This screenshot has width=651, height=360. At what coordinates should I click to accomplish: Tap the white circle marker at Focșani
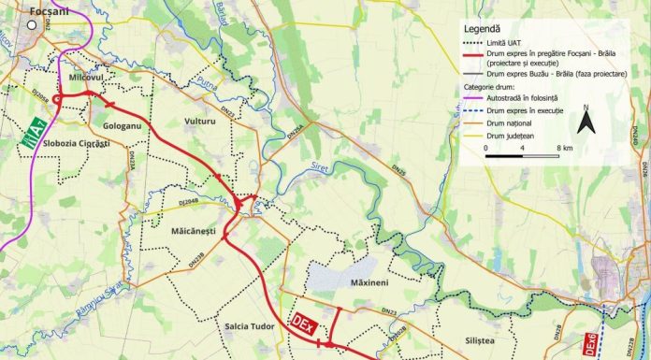(32, 26)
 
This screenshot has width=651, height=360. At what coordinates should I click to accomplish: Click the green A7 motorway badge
(35, 132)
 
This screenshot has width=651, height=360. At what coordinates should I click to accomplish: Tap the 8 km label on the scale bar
(563, 148)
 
